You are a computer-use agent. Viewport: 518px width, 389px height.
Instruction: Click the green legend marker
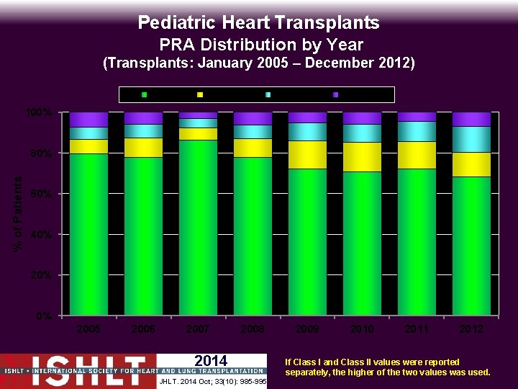click(x=145, y=94)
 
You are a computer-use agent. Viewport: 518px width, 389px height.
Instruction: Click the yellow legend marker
click(x=200, y=94)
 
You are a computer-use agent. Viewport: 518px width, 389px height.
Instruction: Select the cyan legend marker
click(x=268, y=94)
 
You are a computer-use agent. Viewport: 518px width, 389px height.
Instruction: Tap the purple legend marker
click(x=335, y=94)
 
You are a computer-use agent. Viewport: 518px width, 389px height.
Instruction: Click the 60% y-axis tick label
click(x=40, y=194)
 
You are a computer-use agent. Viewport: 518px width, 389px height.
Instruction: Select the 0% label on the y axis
click(x=42, y=316)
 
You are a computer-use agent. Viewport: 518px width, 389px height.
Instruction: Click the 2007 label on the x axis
click(x=198, y=328)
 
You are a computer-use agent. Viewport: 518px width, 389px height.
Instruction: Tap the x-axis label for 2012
click(x=471, y=328)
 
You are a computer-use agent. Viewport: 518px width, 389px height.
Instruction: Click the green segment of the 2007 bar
click(x=198, y=227)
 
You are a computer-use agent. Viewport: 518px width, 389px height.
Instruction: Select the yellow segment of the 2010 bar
click(x=362, y=157)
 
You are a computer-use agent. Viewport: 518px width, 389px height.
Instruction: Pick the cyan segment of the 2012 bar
click(x=471, y=139)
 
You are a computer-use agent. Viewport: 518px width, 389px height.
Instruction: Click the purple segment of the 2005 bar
click(x=88, y=120)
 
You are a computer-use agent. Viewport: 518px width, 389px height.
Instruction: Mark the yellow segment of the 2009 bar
click(x=307, y=155)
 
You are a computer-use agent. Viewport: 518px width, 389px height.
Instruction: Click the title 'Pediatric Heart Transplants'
click(x=258, y=23)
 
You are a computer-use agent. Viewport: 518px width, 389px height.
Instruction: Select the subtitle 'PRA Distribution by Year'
click(x=260, y=45)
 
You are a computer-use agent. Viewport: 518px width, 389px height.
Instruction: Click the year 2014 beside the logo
click(x=211, y=361)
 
